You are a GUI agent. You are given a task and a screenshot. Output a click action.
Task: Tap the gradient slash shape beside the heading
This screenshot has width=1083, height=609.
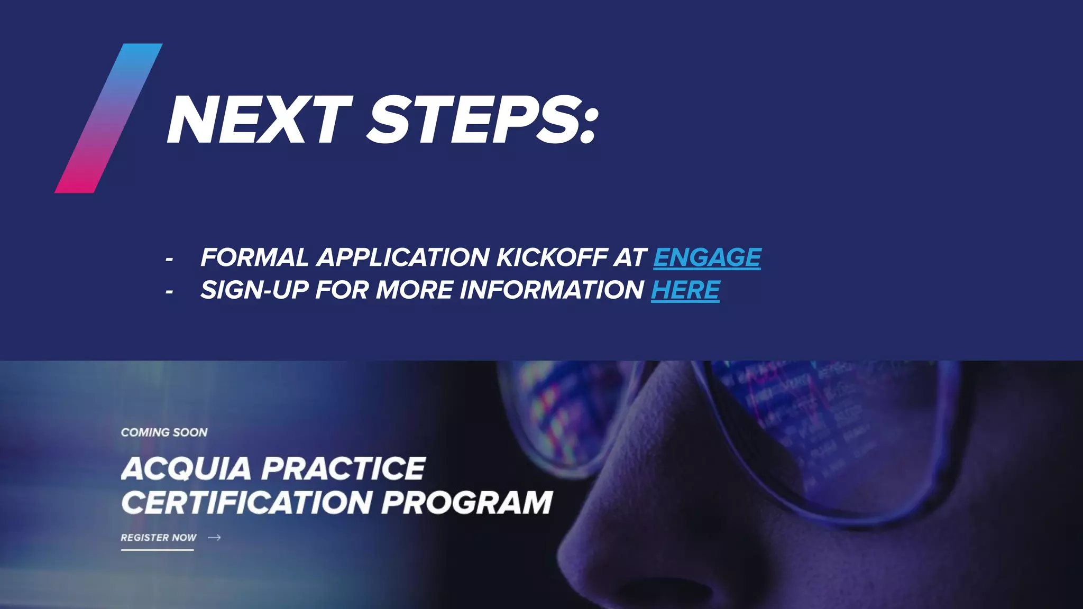point(108,118)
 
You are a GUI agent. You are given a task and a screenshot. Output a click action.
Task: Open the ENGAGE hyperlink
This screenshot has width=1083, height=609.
point(707,257)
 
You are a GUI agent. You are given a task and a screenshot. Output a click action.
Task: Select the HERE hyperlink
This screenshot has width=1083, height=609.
point(685,290)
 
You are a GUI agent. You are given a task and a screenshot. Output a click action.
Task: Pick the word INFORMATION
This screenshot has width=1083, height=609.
point(552,290)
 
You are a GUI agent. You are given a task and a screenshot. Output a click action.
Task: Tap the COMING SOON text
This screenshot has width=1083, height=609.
point(164,432)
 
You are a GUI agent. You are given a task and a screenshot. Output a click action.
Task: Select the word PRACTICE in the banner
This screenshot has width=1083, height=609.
point(344,469)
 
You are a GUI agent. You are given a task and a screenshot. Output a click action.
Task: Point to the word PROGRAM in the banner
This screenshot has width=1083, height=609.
point(466,502)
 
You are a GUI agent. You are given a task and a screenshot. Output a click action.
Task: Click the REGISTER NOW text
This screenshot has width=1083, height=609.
point(158,538)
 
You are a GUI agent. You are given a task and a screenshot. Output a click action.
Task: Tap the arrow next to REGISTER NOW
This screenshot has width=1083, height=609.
point(214,538)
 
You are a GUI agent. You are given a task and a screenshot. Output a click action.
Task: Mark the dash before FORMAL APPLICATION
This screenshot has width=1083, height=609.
point(169,260)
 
